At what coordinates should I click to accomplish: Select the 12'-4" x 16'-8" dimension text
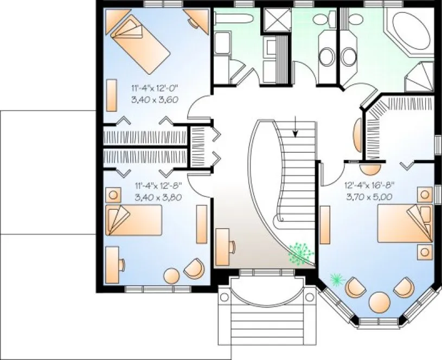(369, 185)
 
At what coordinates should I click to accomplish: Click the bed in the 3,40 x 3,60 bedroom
(140, 43)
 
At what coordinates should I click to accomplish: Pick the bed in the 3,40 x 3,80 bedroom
(133, 220)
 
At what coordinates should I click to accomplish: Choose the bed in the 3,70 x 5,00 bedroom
(405, 222)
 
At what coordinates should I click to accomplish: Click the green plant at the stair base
(300, 253)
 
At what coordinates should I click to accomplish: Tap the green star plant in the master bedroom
(337, 279)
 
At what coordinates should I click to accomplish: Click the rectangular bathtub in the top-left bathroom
(234, 20)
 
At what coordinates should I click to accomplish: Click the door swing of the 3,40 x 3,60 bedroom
(198, 106)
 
